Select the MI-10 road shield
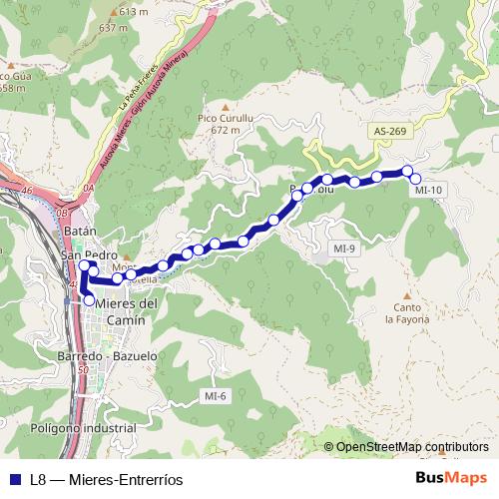pyautogui.click(x=428, y=189)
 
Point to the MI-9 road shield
pyautogui.click(x=345, y=248)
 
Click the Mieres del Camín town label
pyautogui.click(x=124, y=311)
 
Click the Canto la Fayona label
pyautogui.click(x=407, y=313)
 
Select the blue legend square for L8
pyautogui.click(x=15, y=479)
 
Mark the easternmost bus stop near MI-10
pyautogui.click(x=416, y=179)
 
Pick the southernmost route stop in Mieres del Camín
pyautogui.click(x=89, y=300)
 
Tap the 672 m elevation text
pyautogui.click(x=227, y=130)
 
